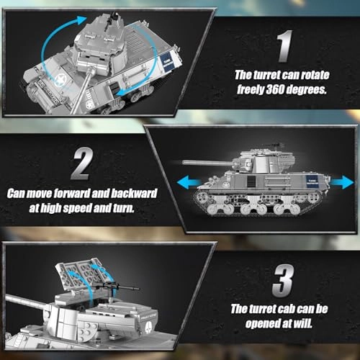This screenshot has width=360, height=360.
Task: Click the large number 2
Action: (x=82, y=163)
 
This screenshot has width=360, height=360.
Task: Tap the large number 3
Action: (x=283, y=280)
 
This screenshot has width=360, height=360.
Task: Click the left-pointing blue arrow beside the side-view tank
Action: (x=189, y=182)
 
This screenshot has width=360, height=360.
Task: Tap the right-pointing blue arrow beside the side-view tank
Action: (x=342, y=182)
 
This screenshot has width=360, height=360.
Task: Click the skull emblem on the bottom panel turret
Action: (x=148, y=326)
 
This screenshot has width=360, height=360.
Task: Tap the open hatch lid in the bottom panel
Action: (x=79, y=274)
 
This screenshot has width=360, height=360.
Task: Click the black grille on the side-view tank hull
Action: (x=251, y=181)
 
